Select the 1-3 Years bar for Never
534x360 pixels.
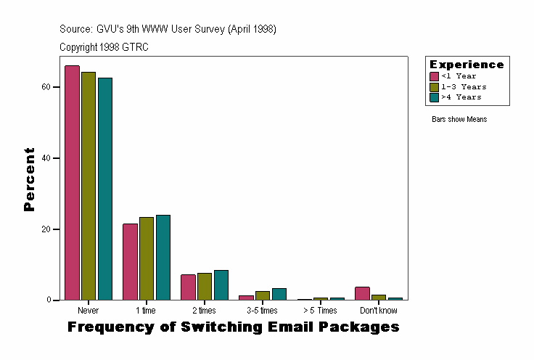tap(89, 186)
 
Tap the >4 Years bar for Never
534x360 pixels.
tap(105, 189)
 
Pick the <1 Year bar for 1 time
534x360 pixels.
tap(130, 262)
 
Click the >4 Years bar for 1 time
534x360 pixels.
tap(163, 258)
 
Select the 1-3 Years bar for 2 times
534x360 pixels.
tap(205, 287)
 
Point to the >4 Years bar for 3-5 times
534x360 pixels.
tap(279, 294)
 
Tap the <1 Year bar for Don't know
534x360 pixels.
tap(362, 293)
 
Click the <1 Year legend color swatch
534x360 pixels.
tap(435, 76)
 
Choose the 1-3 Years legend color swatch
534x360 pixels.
tap(435, 86)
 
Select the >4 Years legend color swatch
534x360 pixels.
tap(435, 97)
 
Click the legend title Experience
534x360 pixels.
tap(467, 65)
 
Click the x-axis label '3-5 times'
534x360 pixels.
tap(262, 311)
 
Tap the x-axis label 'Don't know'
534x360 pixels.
tap(378, 311)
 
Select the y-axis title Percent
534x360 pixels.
tap(29, 179)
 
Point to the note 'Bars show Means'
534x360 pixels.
tap(459, 119)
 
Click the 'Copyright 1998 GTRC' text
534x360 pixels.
tap(104, 47)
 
